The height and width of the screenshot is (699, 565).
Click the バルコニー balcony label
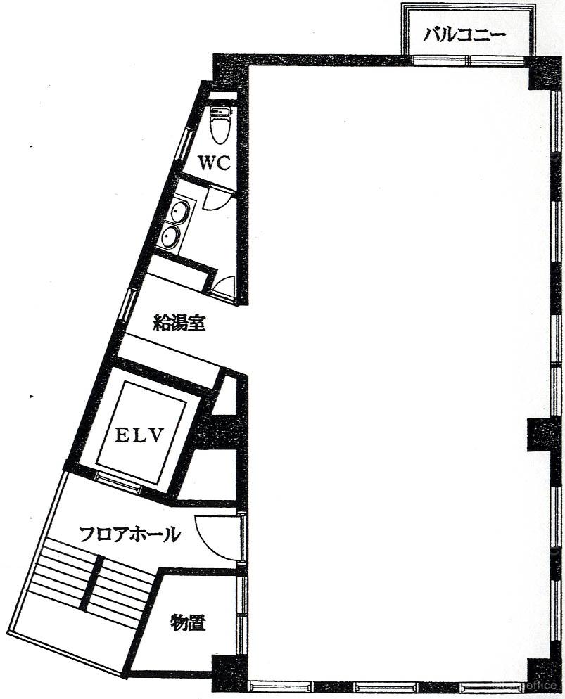click(x=464, y=34)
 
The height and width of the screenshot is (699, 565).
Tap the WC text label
click(x=214, y=163)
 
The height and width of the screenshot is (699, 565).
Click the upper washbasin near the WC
click(x=181, y=211)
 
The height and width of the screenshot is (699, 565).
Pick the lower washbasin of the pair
click(x=171, y=236)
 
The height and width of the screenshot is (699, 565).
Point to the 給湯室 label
click(x=179, y=323)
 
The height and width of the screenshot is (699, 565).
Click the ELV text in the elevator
click(x=140, y=435)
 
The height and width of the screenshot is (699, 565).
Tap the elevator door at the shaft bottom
click(x=119, y=482)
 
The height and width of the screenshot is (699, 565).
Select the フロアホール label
click(x=129, y=534)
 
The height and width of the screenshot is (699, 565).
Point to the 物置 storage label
click(x=188, y=622)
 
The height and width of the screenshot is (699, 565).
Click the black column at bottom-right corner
click(x=544, y=674)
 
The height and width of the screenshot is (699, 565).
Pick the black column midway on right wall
click(x=544, y=434)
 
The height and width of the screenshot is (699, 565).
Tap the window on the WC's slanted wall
click(x=183, y=146)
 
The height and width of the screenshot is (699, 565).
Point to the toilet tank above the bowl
click(x=220, y=111)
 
